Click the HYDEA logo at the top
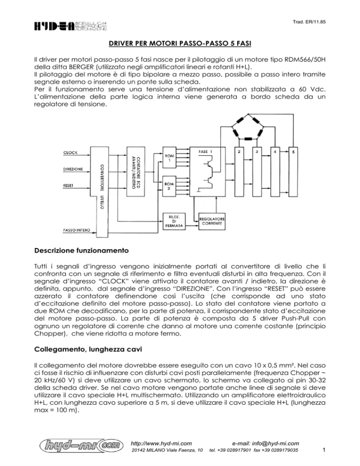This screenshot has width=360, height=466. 71,25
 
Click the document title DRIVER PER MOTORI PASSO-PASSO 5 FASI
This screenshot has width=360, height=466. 180,45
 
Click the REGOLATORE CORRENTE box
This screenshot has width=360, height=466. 213,222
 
